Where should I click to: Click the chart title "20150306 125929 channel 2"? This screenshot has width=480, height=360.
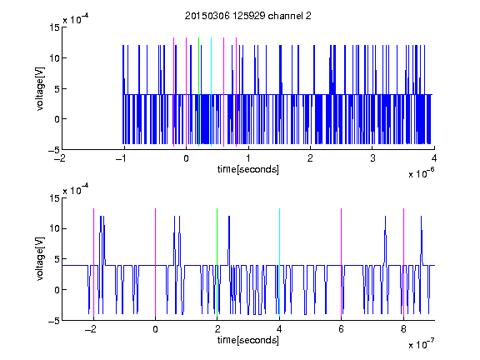248,16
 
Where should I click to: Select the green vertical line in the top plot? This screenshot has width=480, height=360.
199,92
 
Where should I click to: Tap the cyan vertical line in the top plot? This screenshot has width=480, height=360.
211,92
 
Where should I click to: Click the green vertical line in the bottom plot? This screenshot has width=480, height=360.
217,262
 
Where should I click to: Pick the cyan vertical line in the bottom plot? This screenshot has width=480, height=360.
279,262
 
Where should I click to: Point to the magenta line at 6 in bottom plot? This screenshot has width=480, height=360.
342,262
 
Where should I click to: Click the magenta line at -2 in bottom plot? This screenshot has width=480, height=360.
93,262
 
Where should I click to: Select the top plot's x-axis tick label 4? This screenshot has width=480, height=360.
434,158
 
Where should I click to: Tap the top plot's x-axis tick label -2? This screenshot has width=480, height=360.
60,158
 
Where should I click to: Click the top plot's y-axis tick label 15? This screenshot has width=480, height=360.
54,27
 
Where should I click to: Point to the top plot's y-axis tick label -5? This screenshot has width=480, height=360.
54,150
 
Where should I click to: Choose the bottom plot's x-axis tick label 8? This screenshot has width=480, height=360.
403,329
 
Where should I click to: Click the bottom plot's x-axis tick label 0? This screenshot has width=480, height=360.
155,329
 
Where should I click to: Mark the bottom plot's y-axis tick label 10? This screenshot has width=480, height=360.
54,228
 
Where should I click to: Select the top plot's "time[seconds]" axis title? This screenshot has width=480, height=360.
248,169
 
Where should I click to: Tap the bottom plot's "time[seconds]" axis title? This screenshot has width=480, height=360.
248,340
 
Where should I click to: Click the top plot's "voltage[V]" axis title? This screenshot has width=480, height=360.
40,89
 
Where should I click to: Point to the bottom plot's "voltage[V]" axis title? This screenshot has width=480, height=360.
40,258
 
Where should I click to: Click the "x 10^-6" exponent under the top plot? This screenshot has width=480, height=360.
421,172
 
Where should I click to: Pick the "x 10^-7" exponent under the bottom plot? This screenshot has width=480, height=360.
421,344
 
